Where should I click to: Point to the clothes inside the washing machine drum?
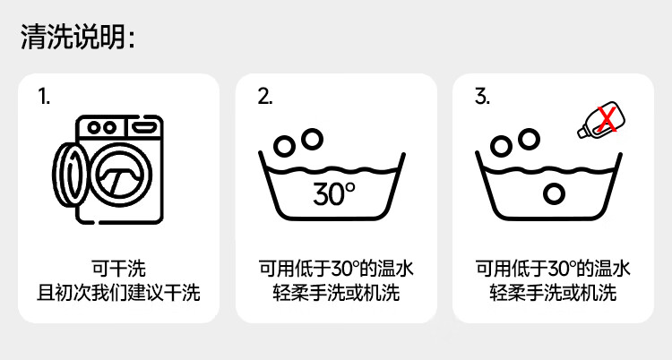tap(117, 175)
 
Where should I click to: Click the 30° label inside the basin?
tap(334, 193)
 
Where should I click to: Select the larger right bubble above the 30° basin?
tap(312, 139)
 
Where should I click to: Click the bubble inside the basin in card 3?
tap(555, 192)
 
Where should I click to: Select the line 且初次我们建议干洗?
tap(118, 292)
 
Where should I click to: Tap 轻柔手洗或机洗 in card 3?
tap(553, 292)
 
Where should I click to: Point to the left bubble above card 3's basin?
tap(503, 145)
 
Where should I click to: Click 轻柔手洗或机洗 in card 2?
tap(336, 292)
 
